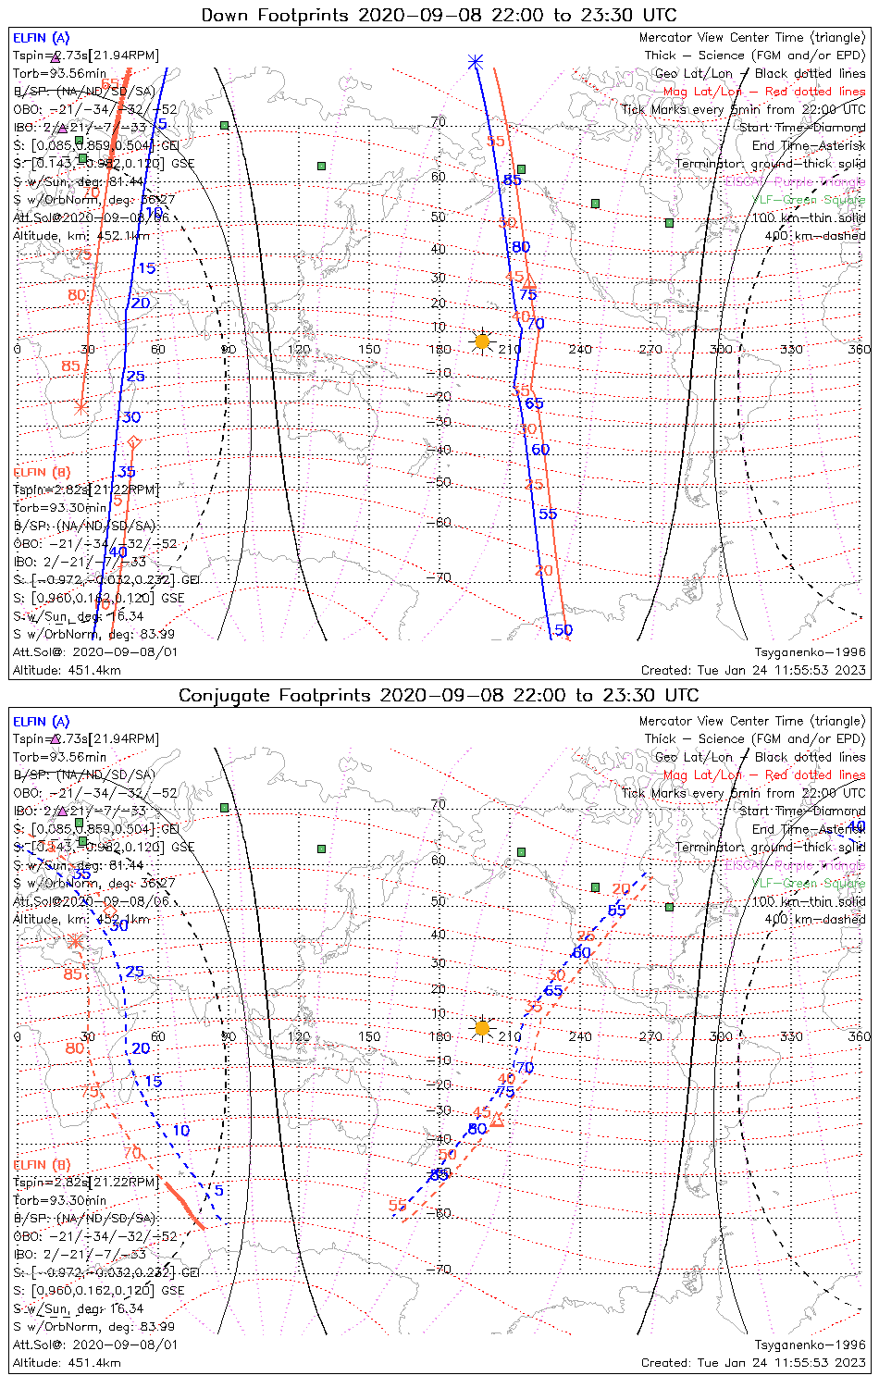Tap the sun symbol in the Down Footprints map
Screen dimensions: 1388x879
click(x=482, y=341)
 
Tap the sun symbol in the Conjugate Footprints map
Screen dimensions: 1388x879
click(x=482, y=1028)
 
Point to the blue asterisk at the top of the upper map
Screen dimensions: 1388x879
click(x=476, y=62)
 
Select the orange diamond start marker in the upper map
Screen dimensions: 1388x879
click(x=133, y=443)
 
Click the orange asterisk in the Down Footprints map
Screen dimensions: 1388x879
click(x=81, y=406)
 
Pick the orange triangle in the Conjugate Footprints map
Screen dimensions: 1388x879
click(x=497, y=1121)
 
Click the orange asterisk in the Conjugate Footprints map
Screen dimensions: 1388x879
click(x=76, y=941)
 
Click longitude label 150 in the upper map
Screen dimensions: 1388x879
click(x=369, y=350)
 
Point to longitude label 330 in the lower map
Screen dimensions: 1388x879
click(x=791, y=1036)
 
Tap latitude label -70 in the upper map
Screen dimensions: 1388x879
click(x=441, y=577)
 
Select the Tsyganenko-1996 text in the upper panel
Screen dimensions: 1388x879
click(x=810, y=652)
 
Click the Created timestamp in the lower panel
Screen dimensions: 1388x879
click(x=753, y=1363)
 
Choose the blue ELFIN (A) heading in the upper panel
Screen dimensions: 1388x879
click(x=41, y=38)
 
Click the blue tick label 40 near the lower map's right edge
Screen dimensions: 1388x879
click(x=857, y=826)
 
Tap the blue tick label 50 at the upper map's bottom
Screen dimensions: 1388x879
click(x=563, y=630)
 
